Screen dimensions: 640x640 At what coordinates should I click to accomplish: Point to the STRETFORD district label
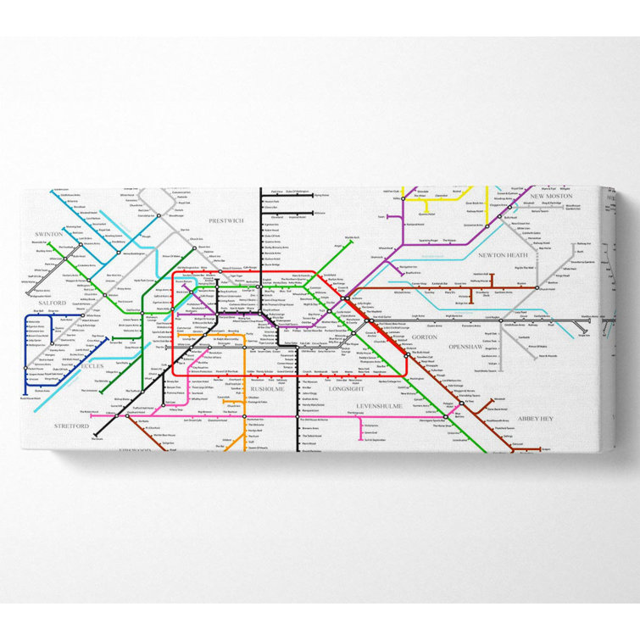pos(70,425)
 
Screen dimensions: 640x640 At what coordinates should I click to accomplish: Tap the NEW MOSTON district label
pos(552,196)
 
